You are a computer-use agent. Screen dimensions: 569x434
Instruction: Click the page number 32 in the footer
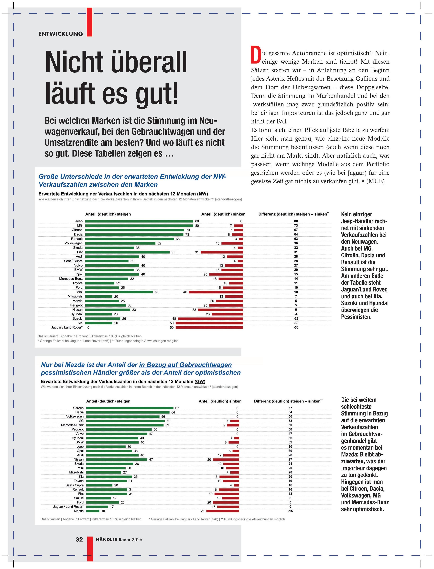tap(79, 539)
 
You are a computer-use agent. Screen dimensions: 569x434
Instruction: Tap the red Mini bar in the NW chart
tap(216, 292)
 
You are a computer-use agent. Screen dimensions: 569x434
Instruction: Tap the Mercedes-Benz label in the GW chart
tap(72, 425)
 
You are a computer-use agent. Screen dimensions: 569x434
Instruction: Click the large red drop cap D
tap(255, 55)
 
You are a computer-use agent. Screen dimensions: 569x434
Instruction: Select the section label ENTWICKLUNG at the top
tap(60, 34)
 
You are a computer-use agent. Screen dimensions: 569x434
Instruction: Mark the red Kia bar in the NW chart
tap(209, 323)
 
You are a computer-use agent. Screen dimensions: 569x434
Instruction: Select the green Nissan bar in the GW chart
tap(117, 460)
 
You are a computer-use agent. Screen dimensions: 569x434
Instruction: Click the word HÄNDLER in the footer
tap(106, 539)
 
